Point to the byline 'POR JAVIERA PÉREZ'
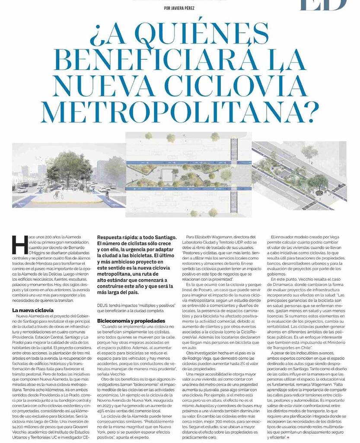pyautogui.click(x=180, y=8)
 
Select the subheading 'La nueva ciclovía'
pyautogui.click(x=33, y=311)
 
